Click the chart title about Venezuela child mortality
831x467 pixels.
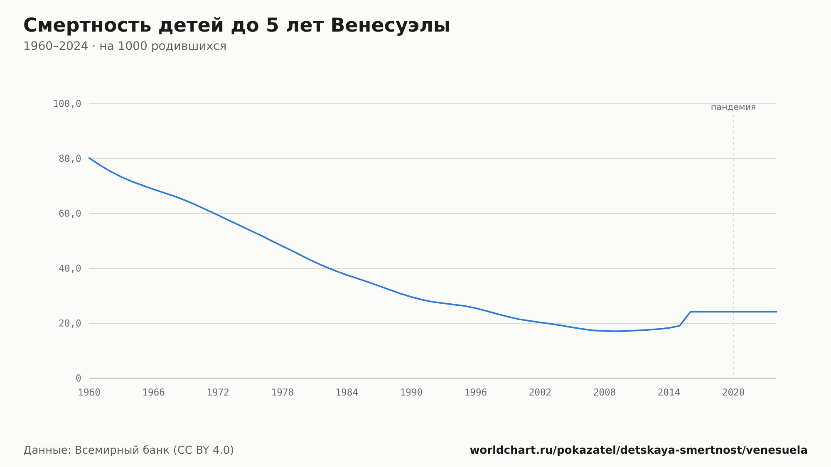[237, 26]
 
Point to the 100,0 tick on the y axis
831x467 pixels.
[67, 104]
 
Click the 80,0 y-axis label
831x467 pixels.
[70, 159]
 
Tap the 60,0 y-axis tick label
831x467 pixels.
[70, 214]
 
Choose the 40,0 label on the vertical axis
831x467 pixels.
[70, 268]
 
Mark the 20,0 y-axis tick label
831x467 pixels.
[70, 323]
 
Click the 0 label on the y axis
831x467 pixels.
[79, 378]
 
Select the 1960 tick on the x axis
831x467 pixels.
[89, 393]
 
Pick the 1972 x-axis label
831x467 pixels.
[218, 393]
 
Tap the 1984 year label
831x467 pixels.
[347, 393]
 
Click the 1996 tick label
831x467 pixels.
[476, 393]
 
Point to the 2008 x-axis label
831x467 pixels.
[605, 393]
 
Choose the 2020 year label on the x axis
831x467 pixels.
[733, 393]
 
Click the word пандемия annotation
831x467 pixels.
[733, 107]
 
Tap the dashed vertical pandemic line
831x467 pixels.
[733, 245]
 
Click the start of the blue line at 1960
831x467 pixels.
[89, 158]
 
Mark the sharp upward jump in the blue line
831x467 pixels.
[685, 319]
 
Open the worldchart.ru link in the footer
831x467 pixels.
[639, 450]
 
